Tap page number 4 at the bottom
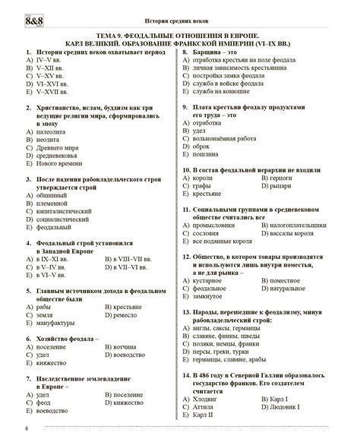point(6,431)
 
